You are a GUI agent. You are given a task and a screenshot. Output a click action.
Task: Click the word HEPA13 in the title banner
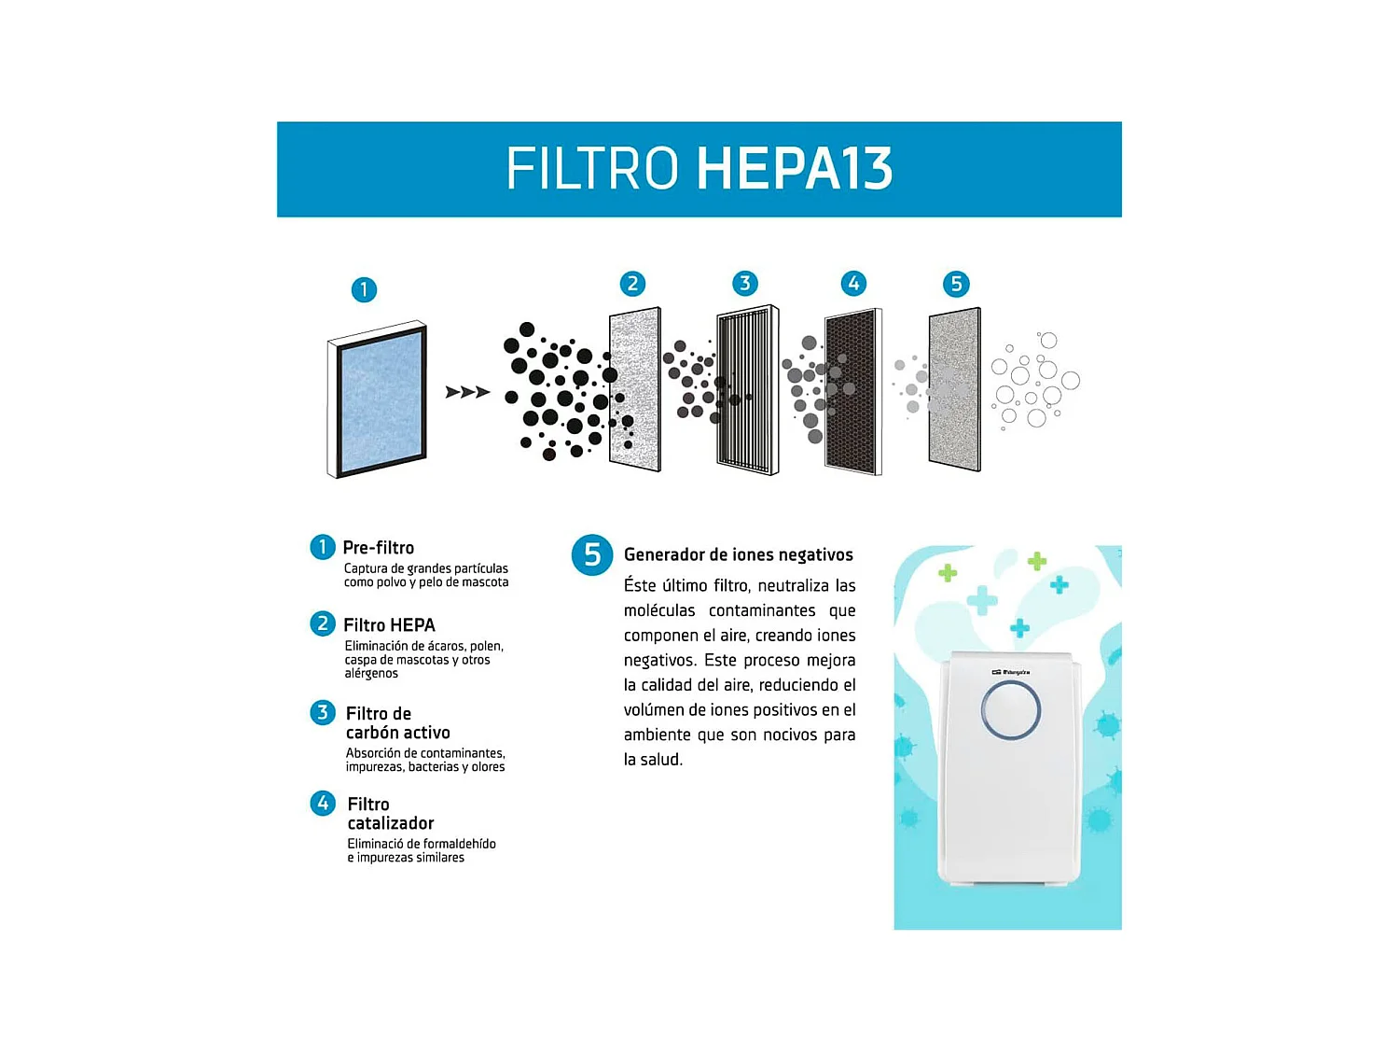click(x=795, y=169)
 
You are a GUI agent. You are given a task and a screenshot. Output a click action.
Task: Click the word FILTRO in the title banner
click(x=592, y=169)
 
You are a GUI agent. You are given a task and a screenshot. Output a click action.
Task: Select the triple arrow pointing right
click(x=467, y=392)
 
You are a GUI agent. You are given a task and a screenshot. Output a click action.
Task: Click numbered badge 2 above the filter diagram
click(x=632, y=284)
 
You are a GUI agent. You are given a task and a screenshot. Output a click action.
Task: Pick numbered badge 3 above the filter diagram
click(x=744, y=284)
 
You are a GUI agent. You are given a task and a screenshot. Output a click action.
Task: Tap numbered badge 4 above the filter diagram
click(x=853, y=284)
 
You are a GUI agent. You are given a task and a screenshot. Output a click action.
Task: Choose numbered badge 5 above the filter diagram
click(x=956, y=284)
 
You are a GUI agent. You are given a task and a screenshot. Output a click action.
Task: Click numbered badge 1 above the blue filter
click(x=364, y=289)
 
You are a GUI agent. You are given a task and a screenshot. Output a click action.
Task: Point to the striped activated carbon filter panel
click(x=747, y=389)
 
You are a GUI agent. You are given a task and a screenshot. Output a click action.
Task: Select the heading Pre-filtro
click(x=378, y=548)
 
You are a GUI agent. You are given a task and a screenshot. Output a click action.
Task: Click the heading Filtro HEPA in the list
click(x=389, y=625)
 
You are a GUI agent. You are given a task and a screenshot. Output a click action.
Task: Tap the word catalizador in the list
click(x=391, y=823)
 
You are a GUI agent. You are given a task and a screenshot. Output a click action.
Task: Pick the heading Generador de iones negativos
click(x=738, y=554)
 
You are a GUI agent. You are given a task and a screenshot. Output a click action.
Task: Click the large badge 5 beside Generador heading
click(x=592, y=555)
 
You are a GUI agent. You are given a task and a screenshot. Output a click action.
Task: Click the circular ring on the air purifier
click(x=1010, y=710)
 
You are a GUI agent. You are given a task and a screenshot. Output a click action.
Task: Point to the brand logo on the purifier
click(x=1010, y=672)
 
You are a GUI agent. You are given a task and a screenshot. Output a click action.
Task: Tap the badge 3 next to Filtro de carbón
click(x=323, y=713)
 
